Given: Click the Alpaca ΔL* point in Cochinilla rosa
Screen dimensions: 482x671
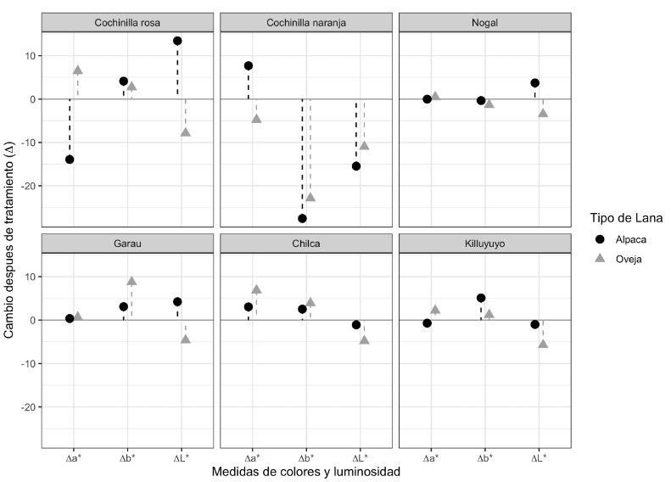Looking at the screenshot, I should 177,41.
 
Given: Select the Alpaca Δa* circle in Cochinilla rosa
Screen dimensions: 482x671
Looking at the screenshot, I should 70,160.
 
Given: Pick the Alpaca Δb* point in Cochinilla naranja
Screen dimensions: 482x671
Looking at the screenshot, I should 302,218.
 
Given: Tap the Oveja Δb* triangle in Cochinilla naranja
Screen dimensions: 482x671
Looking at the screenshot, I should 310,197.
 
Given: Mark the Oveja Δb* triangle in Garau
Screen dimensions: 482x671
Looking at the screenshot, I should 131,281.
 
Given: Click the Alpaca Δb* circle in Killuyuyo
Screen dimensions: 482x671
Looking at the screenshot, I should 481,298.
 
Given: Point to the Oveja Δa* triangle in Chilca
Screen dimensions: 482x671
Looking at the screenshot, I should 256,289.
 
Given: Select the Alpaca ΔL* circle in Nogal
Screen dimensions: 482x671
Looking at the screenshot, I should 534,83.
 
